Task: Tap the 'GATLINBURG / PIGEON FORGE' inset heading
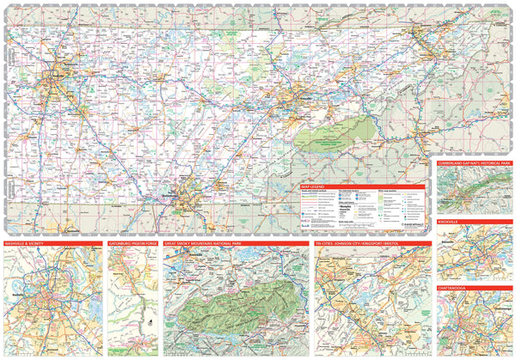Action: click(133, 244)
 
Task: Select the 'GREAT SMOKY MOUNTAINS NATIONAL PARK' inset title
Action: click(210, 244)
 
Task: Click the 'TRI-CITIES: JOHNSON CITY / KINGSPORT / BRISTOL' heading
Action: click(362, 244)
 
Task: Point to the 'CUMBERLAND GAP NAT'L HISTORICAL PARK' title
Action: click(473, 162)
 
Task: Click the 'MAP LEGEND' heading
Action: click(314, 186)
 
